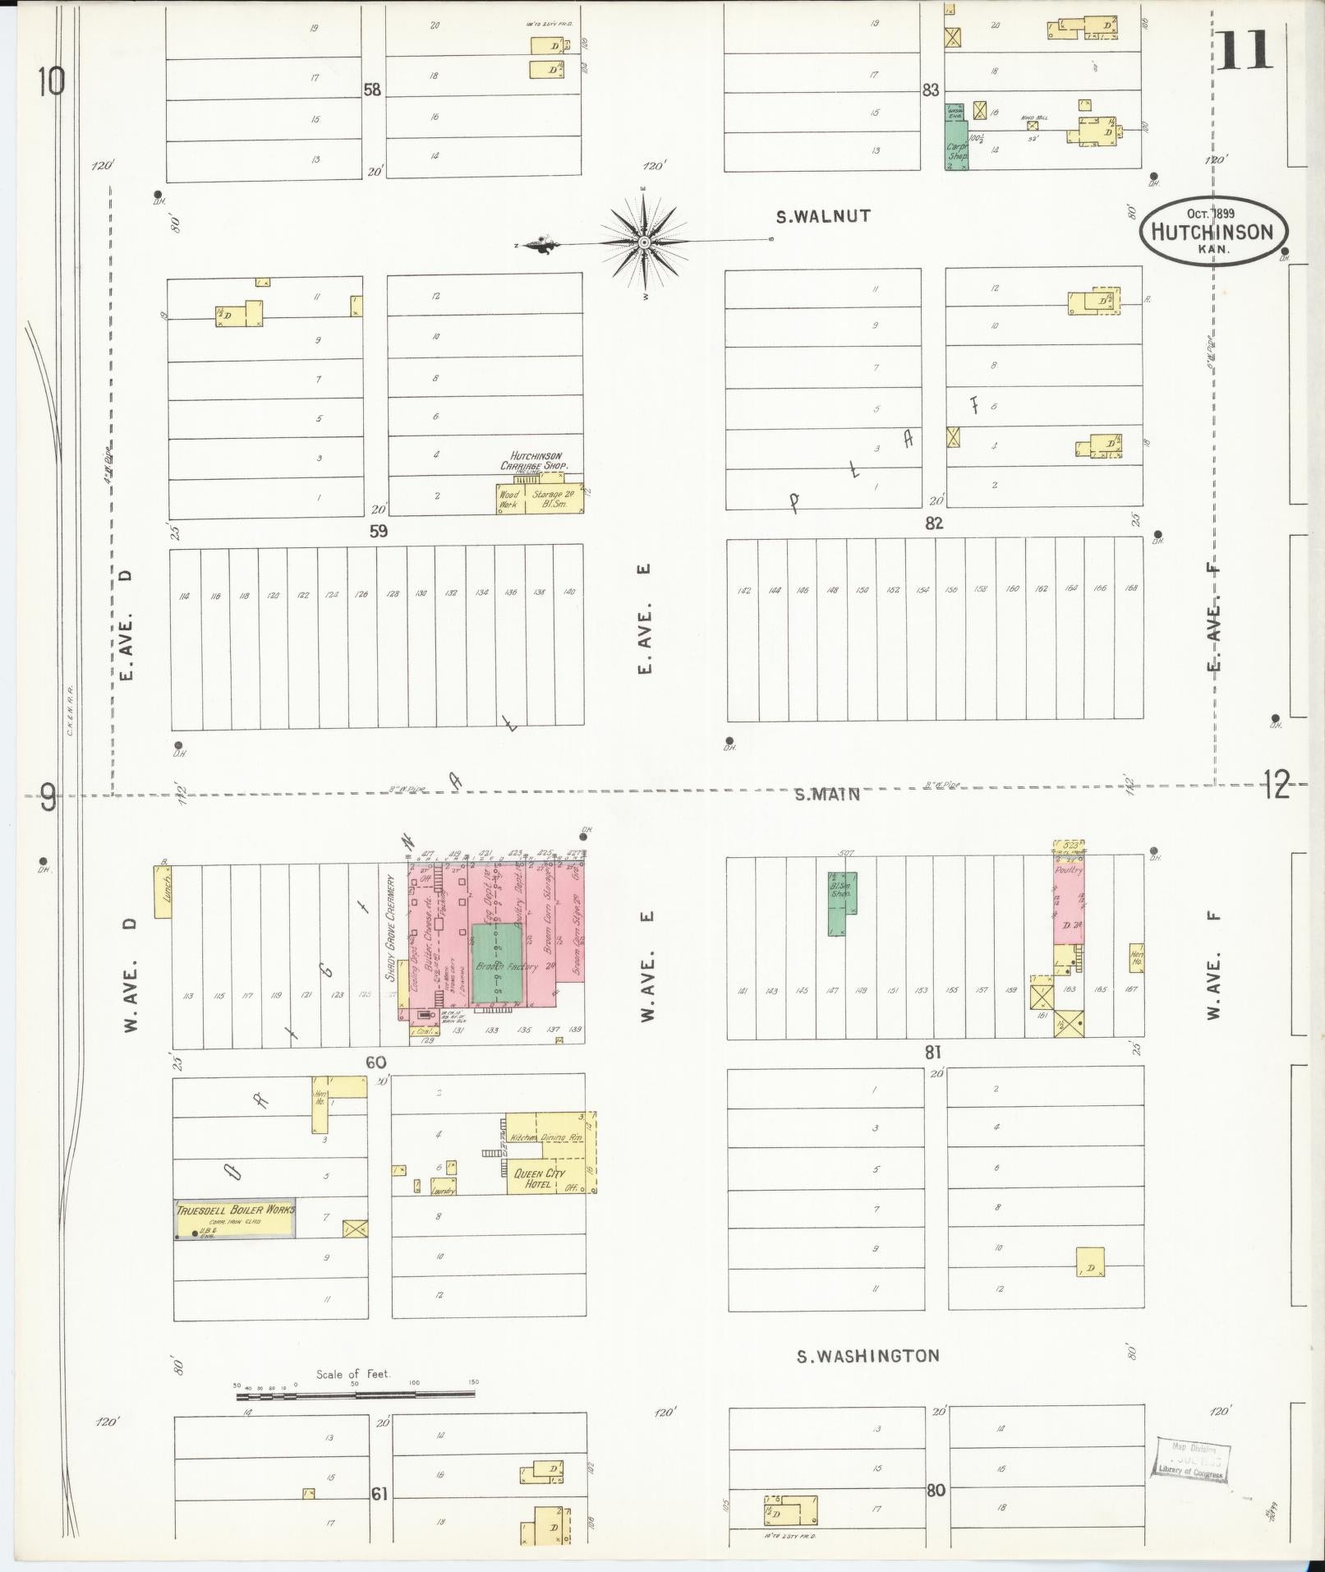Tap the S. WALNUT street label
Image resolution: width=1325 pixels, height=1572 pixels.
click(823, 217)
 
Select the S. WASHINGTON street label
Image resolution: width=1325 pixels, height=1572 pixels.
click(867, 1356)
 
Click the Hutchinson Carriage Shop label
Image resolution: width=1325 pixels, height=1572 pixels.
click(535, 460)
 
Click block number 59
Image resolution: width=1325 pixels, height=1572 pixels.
click(378, 531)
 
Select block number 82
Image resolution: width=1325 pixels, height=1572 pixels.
click(934, 523)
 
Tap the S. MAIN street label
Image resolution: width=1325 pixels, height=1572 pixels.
click(828, 794)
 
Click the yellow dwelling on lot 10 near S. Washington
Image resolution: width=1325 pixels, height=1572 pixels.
click(1090, 1261)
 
